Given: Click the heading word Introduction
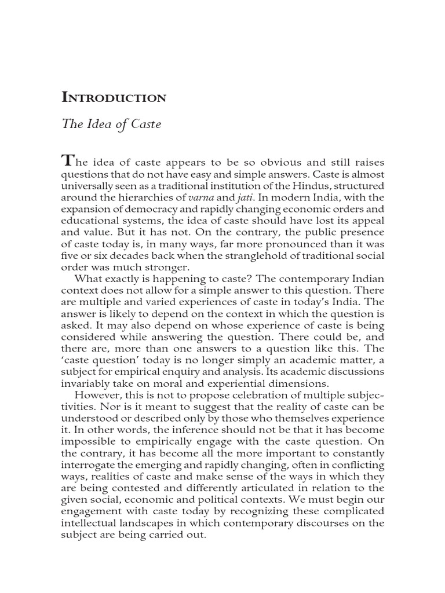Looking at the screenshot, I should (114, 98).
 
